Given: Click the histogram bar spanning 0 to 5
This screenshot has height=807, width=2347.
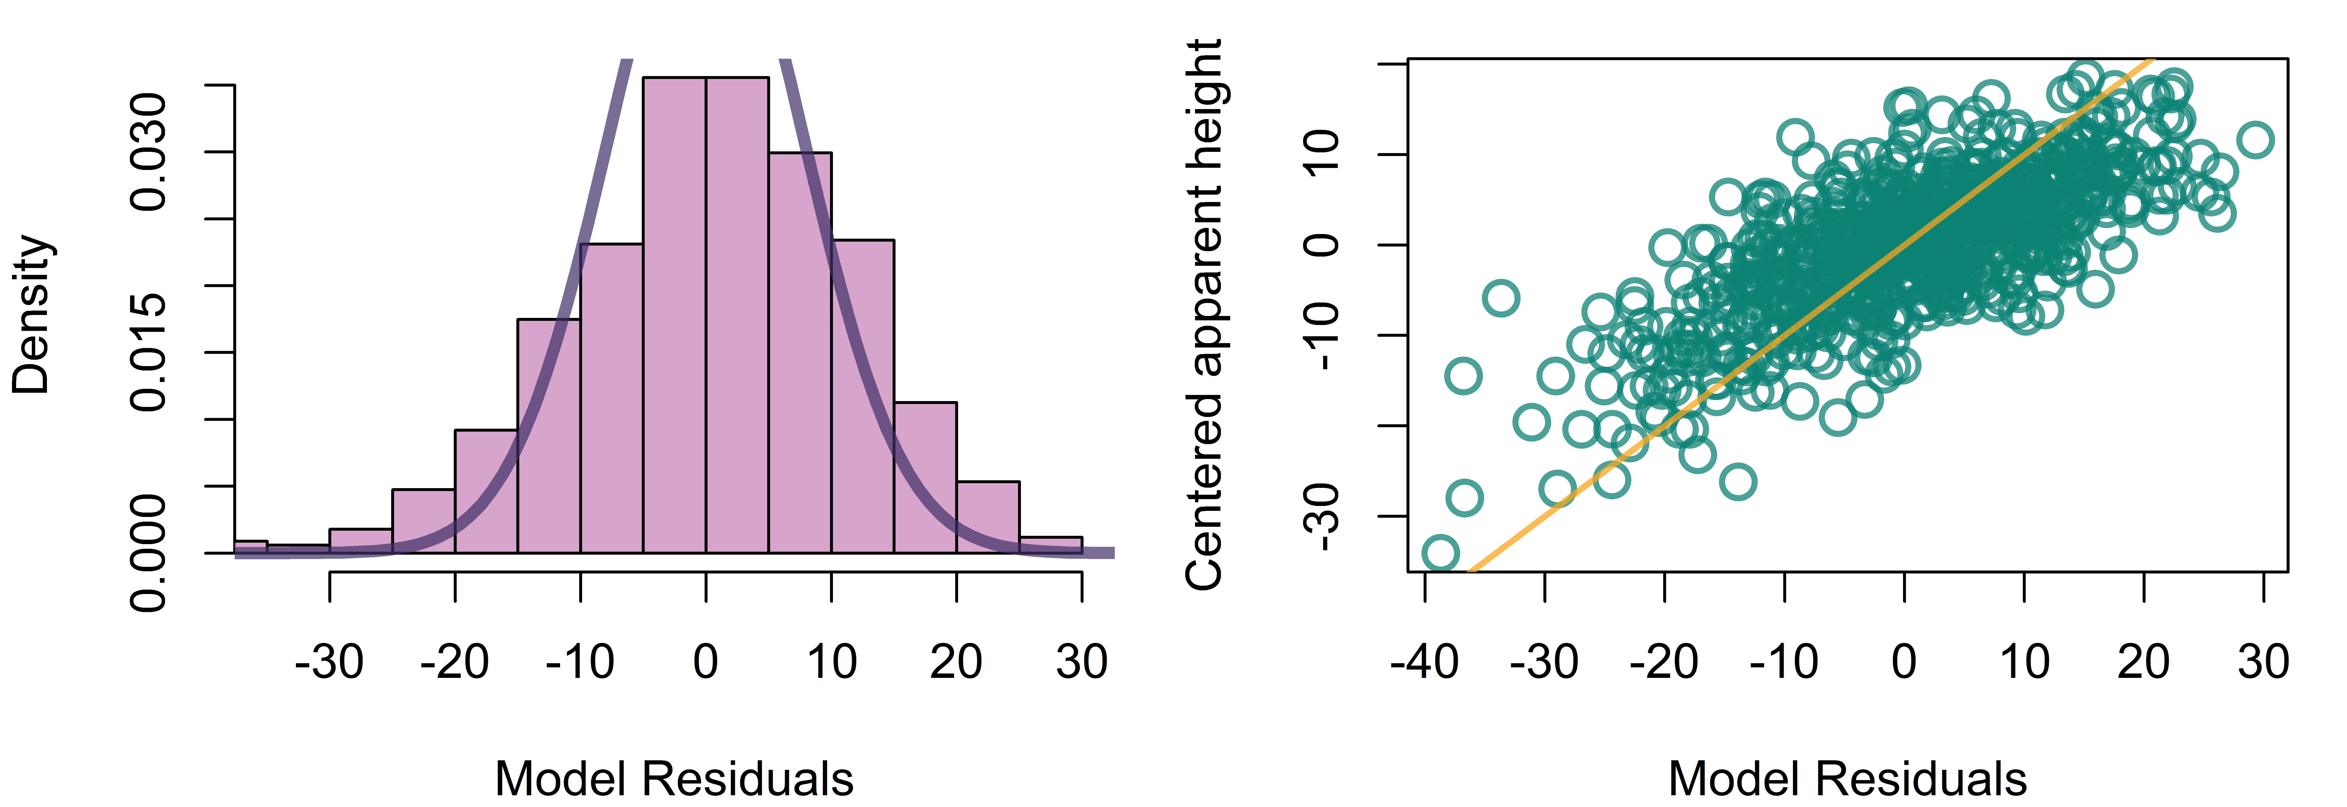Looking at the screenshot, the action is coord(737,315).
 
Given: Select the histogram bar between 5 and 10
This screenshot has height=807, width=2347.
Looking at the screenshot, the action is coord(800,352).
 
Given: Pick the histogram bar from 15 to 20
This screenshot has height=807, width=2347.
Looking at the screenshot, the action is coord(925,477).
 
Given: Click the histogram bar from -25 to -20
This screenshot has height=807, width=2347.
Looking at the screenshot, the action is coord(424,521).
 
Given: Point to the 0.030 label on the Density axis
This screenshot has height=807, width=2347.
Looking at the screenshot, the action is coord(148,151).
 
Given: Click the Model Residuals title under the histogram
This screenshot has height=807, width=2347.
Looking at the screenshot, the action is coord(674,779).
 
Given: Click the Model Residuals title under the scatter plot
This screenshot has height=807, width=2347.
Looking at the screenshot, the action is coord(1848,779).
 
